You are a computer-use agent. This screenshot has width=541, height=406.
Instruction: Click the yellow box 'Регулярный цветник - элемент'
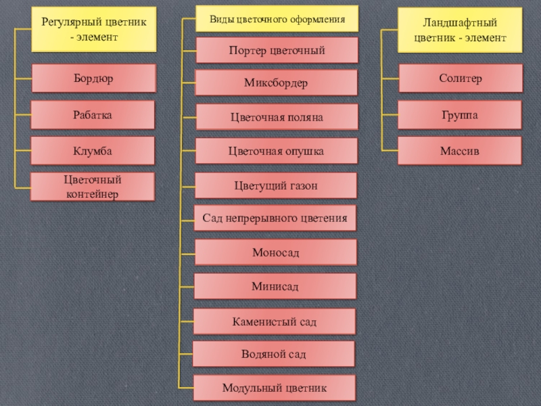pyautogui.click(x=93, y=30)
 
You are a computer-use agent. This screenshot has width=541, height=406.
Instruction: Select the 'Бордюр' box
pyautogui.click(x=93, y=78)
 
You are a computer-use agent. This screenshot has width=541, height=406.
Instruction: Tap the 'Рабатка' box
pyautogui.click(x=93, y=115)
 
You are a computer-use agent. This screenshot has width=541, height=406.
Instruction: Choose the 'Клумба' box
pyautogui.click(x=93, y=151)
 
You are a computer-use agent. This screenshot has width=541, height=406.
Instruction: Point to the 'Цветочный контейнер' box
pyautogui.click(x=93, y=187)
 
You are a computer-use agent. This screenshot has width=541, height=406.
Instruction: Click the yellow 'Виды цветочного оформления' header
pyautogui.click(x=277, y=19)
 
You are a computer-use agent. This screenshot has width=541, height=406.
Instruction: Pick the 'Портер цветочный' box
pyautogui.click(x=277, y=51)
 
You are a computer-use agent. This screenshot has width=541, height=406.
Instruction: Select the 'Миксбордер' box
pyautogui.click(x=276, y=83)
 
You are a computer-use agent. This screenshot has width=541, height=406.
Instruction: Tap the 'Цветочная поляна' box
pyautogui.click(x=276, y=118)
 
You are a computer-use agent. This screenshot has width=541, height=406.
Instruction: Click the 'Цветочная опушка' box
pyautogui.click(x=276, y=152)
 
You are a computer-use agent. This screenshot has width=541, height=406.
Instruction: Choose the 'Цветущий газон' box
pyautogui.click(x=276, y=185)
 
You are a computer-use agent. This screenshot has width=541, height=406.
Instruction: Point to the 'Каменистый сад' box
pyautogui.click(x=275, y=321)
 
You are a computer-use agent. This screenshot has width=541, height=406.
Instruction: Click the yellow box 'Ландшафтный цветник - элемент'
pyautogui.click(x=460, y=30)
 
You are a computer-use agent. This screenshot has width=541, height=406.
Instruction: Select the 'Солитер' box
pyautogui.click(x=460, y=78)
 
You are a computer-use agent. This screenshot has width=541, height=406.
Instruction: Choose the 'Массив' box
pyautogui.click(x=460, y=151)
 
